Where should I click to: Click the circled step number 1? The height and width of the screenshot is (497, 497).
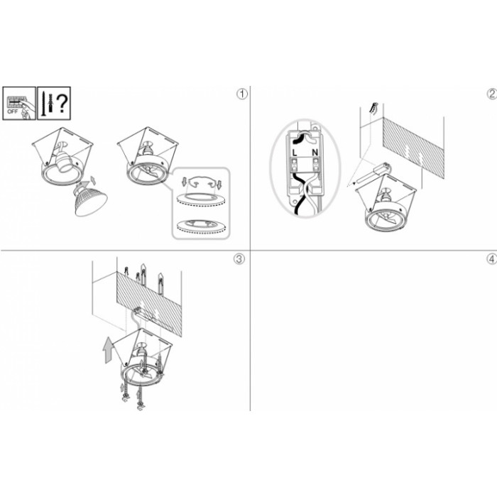(242, 94)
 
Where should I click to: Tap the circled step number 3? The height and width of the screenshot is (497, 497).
(239, 259)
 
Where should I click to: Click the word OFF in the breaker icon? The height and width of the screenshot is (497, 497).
(13, 111)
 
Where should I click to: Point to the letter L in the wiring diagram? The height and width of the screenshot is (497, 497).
(295, 153)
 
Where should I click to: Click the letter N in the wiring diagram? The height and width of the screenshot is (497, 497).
(315, 153)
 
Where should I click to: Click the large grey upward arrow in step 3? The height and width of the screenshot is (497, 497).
(107, 349)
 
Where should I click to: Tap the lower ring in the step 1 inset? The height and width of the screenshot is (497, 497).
(200, 226)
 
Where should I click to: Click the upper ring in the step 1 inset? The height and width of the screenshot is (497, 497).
(200, 200)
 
